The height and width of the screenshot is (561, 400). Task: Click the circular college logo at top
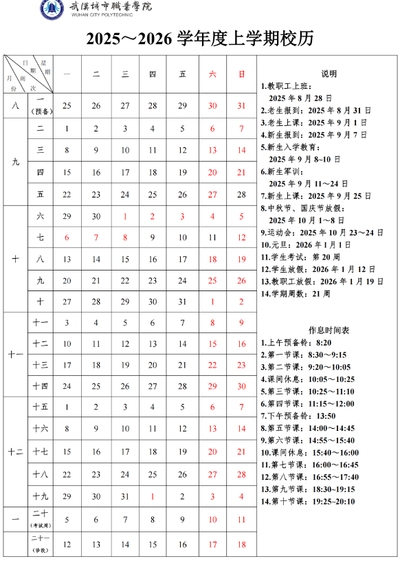pos(52,9)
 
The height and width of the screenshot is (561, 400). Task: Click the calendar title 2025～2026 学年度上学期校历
pos(199,39)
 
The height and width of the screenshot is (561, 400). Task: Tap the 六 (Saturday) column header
pos(212,72)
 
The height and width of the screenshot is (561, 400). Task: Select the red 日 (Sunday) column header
pos(241,72)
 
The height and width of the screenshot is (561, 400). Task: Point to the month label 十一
pos(15,354)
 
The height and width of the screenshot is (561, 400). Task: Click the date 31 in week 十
pos(182,301)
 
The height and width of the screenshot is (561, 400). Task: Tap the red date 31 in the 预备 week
pos(241,105)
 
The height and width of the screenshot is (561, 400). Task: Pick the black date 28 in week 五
pos(241,194)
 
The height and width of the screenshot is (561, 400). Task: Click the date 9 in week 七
pos(153,237)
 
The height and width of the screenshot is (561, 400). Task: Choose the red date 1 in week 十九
pos(153,496)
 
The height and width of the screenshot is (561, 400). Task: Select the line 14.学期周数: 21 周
pos(296,294)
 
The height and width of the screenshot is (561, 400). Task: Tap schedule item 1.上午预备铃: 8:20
pos(296,342)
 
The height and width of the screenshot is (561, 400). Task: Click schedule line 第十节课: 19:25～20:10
pos(308,501)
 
